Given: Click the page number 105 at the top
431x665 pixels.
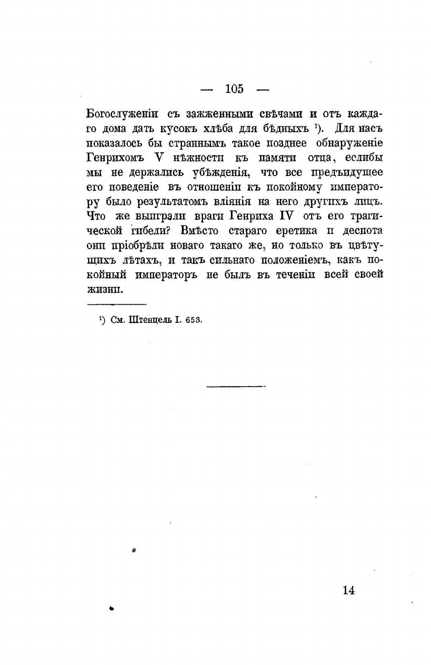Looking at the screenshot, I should [234, 89].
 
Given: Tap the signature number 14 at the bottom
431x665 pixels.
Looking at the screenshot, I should [349, 590].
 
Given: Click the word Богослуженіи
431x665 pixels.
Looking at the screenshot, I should [122, 114].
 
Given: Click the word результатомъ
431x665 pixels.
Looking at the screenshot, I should [165, 201].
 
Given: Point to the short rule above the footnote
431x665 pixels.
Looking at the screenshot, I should [117, 304].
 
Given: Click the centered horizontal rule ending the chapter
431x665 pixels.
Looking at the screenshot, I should [236, 386].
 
